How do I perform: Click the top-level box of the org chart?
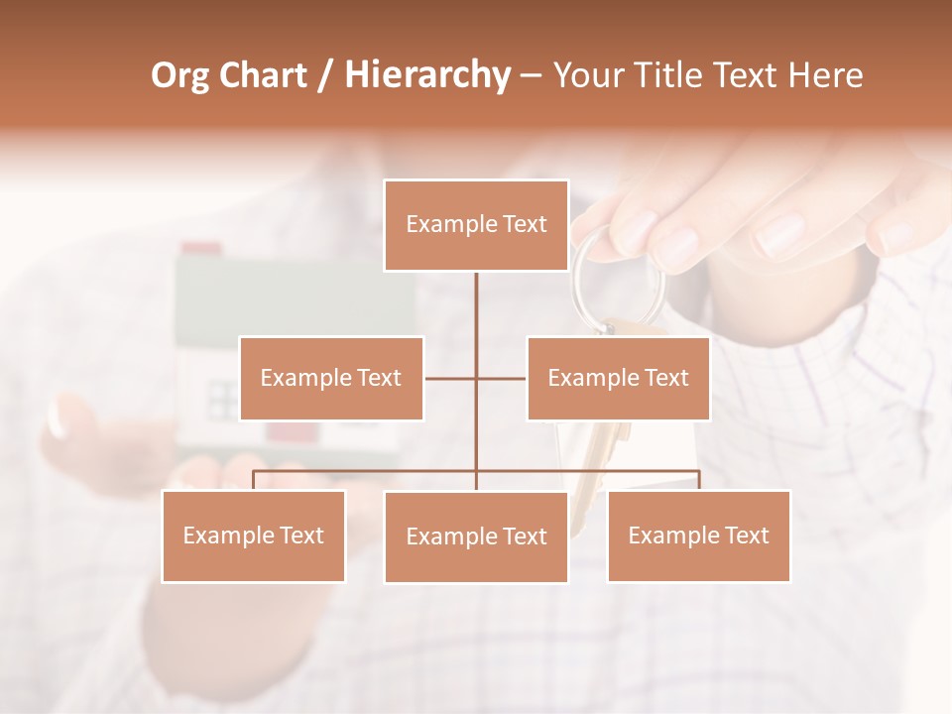pyautogui.click(x=476, y=225)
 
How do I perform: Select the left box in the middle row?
pyautogui.click(x=331, y=378)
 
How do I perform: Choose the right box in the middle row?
pyautogui.click(x=618, y=378)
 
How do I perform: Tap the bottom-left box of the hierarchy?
pyautogui.click(x=254, y=535)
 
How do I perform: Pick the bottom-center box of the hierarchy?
pyautogui.click(x=476, y=536)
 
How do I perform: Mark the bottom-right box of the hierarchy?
pyautogui.click(x=698, y=535)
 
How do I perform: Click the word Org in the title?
pyautogui.click(x=179, y=75)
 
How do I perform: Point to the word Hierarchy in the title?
pyautogui.click(x=426, y=75)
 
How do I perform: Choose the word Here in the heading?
pyautogui.click(x=825, y=75)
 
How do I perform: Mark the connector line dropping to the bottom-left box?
pyautogui.click(x=254, y=480)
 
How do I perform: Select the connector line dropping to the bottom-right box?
pyautogui.click(x=698, y=480)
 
